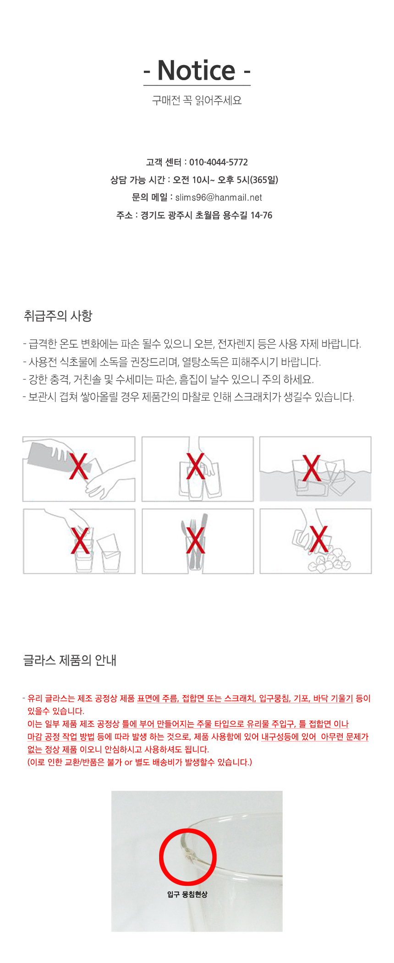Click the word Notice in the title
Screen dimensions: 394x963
197,71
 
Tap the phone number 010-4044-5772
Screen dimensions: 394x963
219,162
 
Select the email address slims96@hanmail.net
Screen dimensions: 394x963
219,197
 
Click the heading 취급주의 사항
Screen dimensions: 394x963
58,316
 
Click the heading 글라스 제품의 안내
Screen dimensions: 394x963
70,660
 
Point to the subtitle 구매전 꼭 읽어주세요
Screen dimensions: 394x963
197,100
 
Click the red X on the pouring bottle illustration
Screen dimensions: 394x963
79,465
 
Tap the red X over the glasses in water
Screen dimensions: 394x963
312,468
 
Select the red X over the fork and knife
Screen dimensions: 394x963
196,540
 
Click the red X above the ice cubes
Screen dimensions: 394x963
318,539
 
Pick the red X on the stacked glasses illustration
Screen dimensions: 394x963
80,540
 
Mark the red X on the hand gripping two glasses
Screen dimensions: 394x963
196,466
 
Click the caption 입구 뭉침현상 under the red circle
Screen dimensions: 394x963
187,894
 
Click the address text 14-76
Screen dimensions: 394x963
261,215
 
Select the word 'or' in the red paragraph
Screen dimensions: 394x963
128,762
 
